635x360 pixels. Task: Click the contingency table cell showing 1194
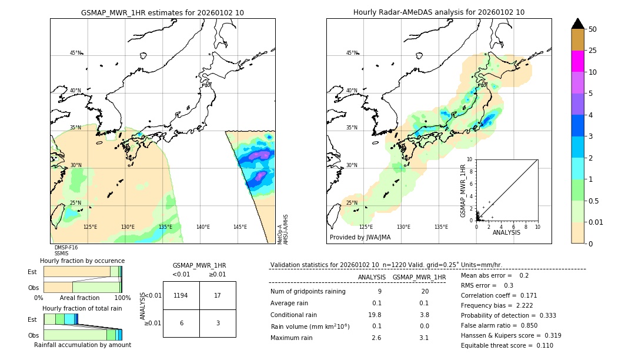[181, 296]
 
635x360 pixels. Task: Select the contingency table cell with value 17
[218, 296]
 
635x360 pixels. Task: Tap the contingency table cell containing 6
[181, 323]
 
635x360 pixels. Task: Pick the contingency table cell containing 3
[218, 323]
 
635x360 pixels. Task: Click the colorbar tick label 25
[593, 51]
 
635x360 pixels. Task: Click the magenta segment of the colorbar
[577, 61]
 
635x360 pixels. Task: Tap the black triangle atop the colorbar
[577, 24]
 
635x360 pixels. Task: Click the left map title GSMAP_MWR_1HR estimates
[162, 12]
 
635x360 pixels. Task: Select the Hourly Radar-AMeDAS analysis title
[439, 12]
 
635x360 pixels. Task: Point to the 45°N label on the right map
[352, 53]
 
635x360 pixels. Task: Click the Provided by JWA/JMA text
[360, 237]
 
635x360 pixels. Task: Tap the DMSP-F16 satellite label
[66, 248]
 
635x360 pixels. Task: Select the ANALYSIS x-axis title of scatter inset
[506, 232]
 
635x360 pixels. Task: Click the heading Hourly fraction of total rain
[82, 308]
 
